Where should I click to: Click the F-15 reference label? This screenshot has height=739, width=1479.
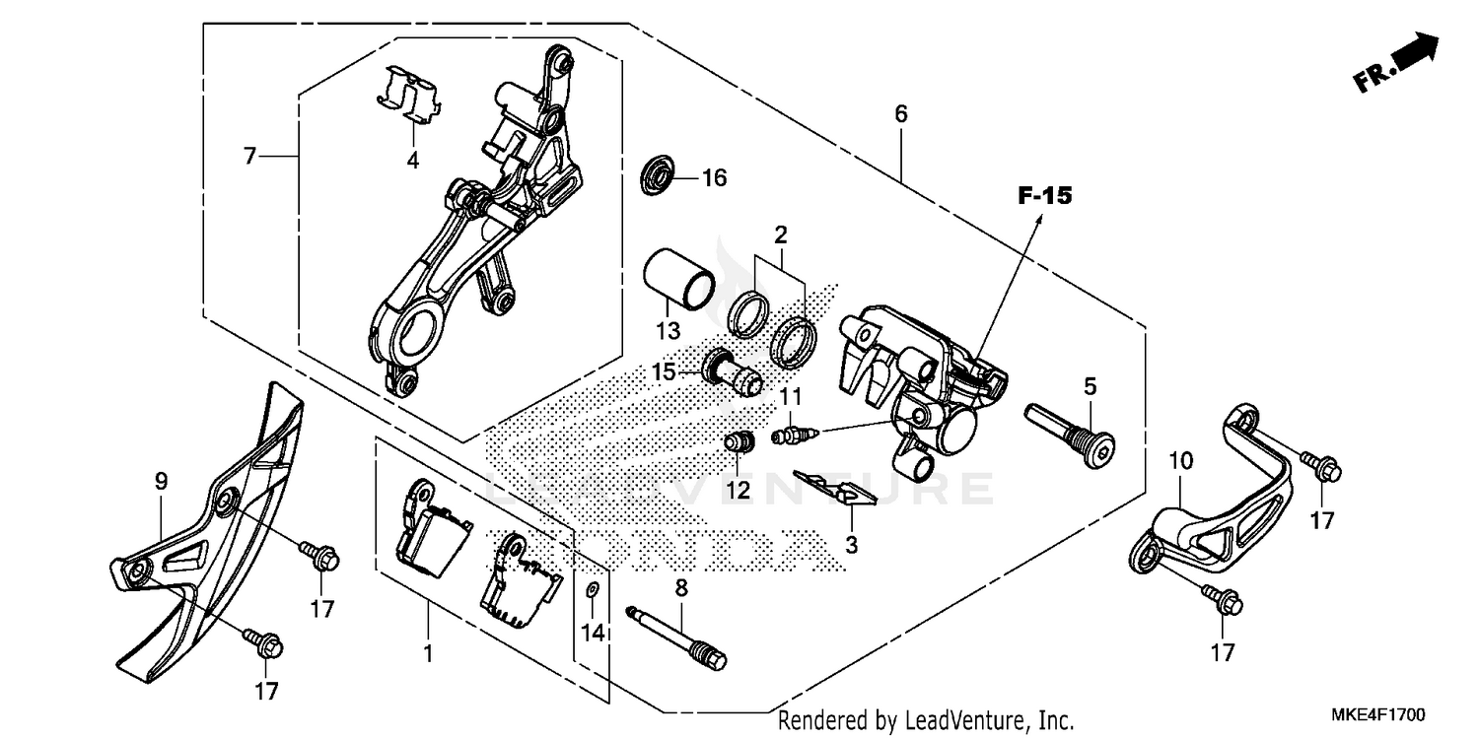[1044, 197]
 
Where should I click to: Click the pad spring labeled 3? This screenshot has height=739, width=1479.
[836, 487]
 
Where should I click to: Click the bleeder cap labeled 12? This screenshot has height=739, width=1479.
[739, 443]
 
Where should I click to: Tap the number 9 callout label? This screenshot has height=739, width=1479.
[161, 481]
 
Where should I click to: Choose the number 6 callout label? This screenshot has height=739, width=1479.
[900, 114]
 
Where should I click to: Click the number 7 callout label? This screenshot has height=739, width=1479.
[249, 156]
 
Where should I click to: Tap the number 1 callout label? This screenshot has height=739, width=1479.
[428, 653]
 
